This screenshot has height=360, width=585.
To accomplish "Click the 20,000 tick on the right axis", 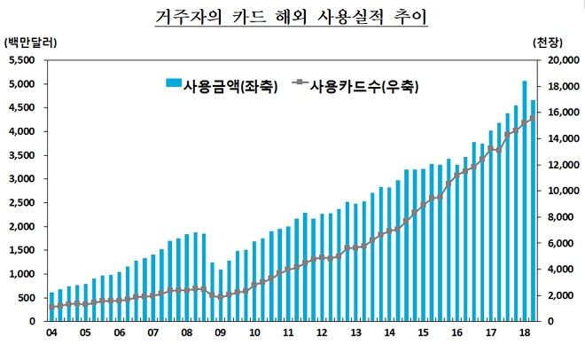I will coord(558,60).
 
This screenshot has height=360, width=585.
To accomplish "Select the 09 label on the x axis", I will coord(221,333).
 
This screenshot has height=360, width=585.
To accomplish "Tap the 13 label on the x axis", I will coord(356,333).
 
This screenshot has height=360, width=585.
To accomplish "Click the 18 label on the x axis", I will coord(525,333).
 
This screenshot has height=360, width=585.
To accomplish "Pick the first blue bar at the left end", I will coord(51,307).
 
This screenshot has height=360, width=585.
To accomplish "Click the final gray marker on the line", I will coord(533,118).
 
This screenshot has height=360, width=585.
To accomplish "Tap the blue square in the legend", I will coord(173,86).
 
